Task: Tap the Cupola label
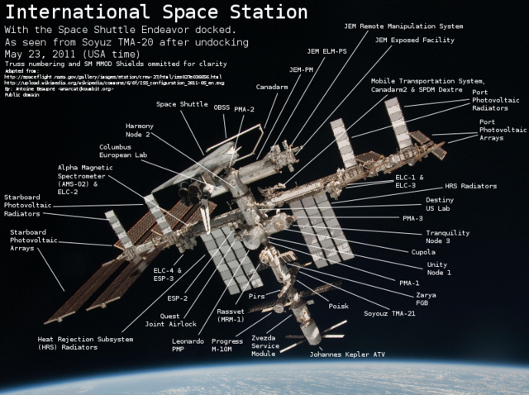pos(423,252)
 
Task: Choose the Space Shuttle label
pos(182,104)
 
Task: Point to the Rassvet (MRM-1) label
pos(230,315)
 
